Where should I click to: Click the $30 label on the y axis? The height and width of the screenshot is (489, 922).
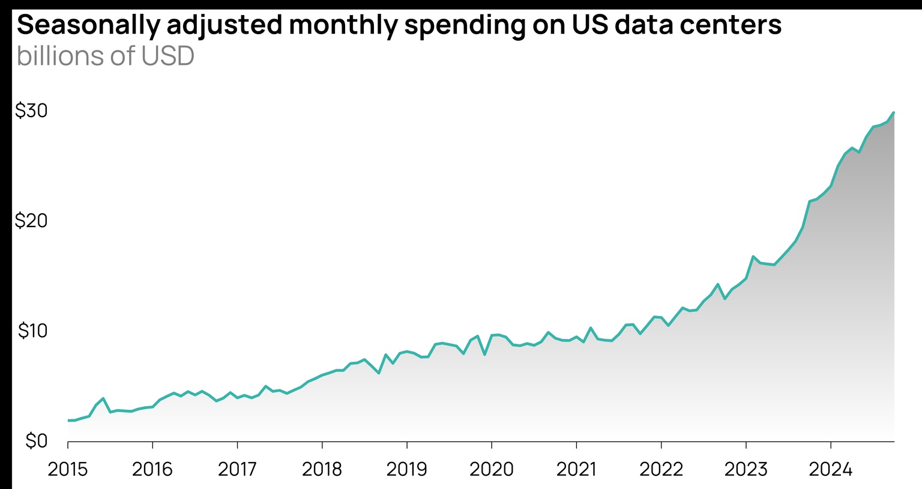(31, 111)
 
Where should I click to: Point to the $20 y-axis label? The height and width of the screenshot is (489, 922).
(31, 221)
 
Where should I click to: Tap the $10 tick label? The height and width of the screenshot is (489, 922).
(32, 331)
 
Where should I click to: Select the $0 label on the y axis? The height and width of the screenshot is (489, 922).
(35, 441)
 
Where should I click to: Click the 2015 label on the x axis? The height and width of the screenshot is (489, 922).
(68, 469)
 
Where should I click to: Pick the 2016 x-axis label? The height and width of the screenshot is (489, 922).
(152, 469)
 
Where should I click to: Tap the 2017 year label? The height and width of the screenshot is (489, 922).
(237, 469)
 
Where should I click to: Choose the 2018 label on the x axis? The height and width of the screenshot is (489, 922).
(322, 469)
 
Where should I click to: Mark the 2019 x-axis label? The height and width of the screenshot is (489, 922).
(406, 469)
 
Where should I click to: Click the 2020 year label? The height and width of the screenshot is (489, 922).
(491, 469)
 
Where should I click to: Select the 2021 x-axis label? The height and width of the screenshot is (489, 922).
(576, 469)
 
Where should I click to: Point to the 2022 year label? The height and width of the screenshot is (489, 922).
(661, 469)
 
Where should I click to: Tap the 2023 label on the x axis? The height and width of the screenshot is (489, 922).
(746, 469)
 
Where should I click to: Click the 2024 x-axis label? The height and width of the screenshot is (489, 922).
(830, 469)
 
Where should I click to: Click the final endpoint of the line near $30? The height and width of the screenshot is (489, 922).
(894, 112)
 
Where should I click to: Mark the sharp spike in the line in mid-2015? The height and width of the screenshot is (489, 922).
(103, 398)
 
